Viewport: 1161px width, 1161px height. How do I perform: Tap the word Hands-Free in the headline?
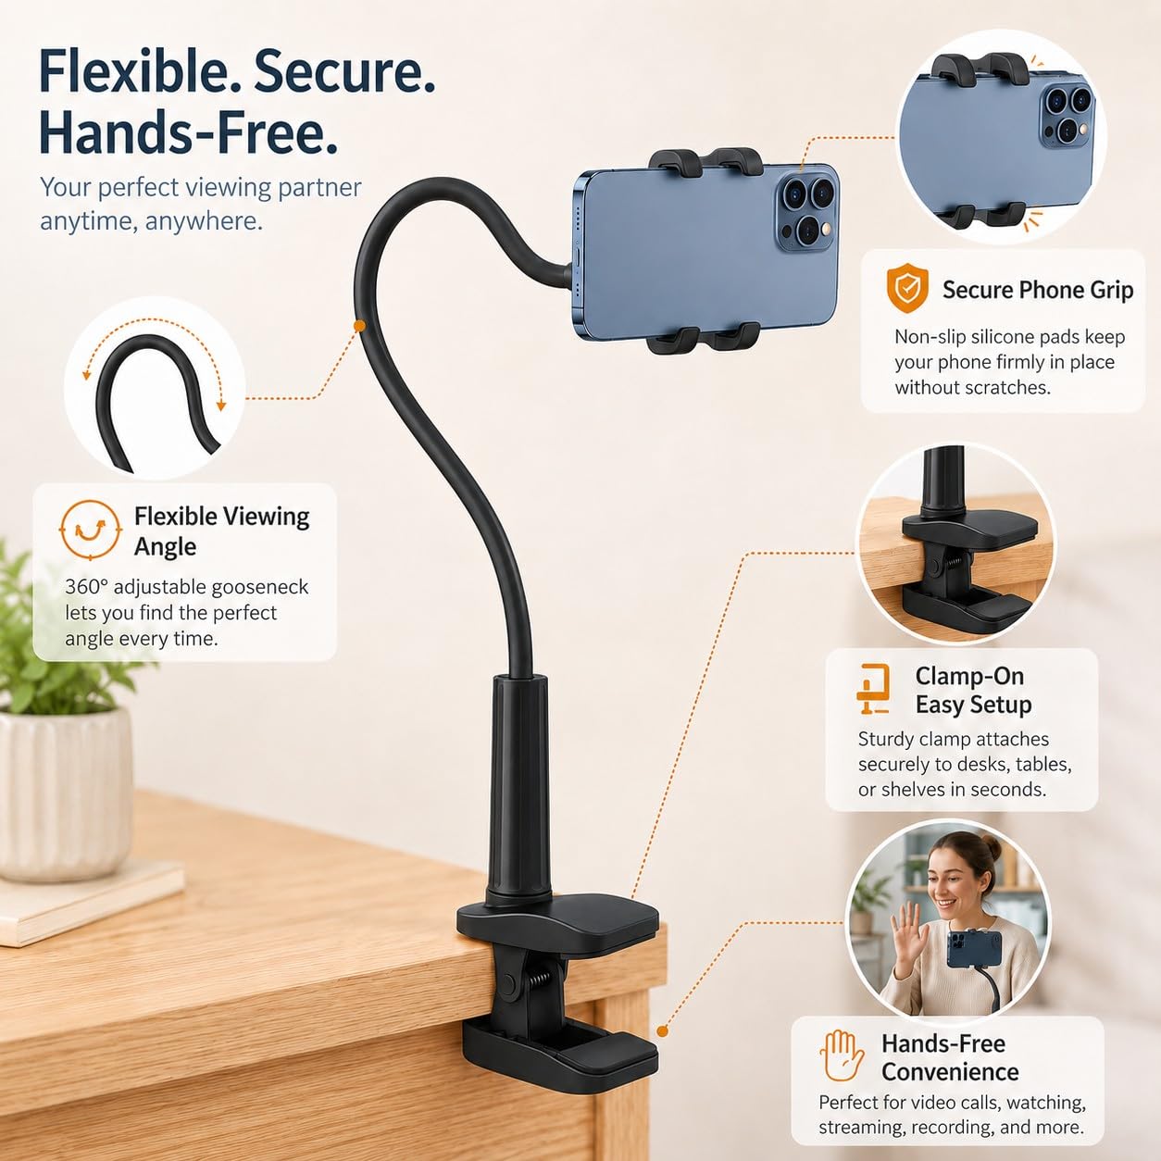(187, 132)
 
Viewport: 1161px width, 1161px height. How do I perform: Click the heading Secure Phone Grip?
(1038, 290)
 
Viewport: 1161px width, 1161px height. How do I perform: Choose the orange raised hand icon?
(842, 1055)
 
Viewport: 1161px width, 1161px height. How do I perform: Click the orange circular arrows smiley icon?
(89, 530)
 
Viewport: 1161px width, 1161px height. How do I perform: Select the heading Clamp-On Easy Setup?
(973, 690)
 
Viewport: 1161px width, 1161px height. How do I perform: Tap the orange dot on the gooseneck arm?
(359, 326)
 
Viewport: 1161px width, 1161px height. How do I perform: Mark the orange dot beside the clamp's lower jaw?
(662, 1031)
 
